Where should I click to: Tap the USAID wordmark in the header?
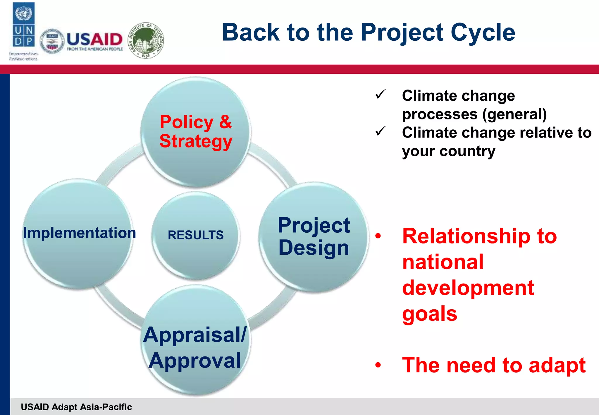coord(94,40)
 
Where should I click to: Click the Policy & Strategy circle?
coord(196,132)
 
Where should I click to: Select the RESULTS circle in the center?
coord(196,235)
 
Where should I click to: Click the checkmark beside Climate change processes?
coord(381,94)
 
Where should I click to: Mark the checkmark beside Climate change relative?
coord(381,131)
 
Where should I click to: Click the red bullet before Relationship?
coord(378,236)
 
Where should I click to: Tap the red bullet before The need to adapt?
coord(378,365)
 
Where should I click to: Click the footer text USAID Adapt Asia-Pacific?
coord(76,407)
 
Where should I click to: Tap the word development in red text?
coord(468,288)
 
